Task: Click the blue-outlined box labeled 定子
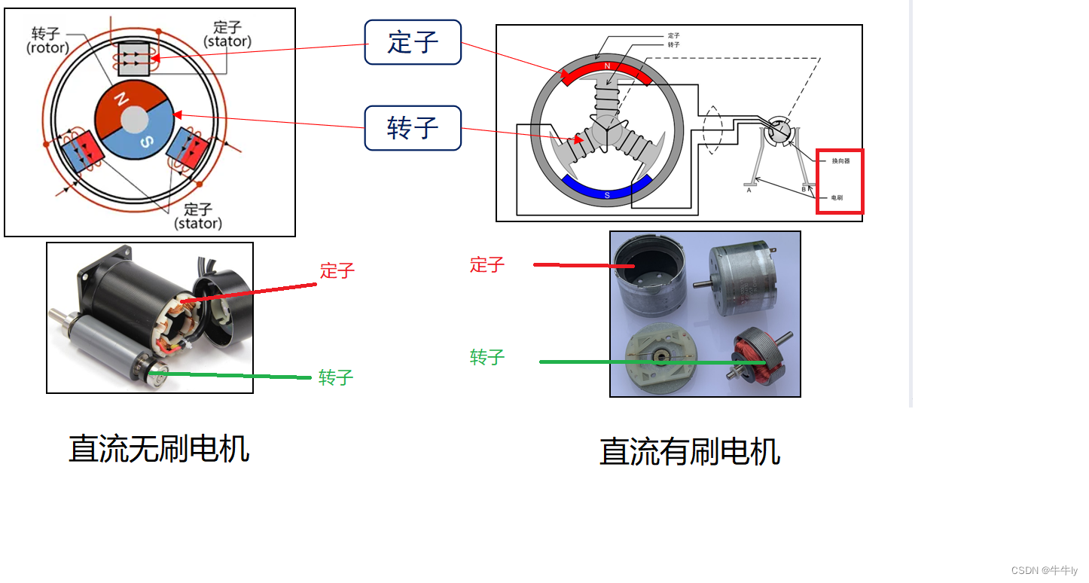412,42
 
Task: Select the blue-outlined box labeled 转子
412,128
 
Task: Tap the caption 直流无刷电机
159,449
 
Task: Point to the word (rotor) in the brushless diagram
47,48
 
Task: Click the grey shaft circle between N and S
134,119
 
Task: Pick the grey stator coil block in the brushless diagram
135,60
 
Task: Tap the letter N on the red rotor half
120,99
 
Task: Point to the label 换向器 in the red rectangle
840,161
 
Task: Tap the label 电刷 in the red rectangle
837,197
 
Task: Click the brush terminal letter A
749,191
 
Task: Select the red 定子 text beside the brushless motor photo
337,271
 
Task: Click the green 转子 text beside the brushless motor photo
336,377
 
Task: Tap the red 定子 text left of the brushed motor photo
487,265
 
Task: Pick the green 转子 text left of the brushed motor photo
487,357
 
